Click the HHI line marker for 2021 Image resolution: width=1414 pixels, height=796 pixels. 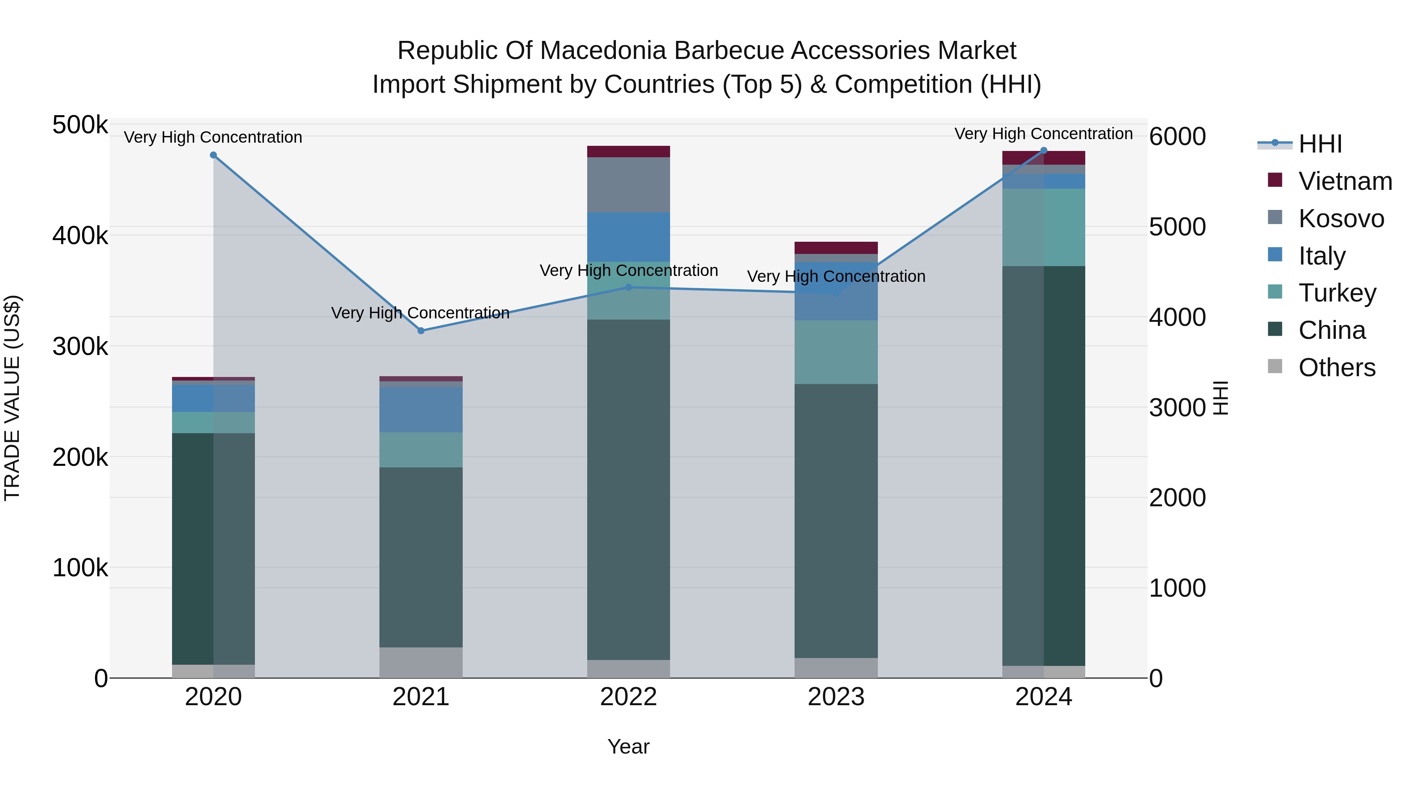click(x=421, y=331)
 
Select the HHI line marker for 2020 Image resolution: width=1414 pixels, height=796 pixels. click(x=214, y=155)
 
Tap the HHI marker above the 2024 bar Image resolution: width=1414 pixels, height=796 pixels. click(x=1044, y=151)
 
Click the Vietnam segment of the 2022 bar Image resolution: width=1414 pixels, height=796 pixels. click(x=628, y=152)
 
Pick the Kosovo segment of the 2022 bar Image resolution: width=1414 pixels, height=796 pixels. click(x=628, y=185)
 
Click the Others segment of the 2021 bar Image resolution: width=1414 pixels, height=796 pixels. click(x=421, y=662)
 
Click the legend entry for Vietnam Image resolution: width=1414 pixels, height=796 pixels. click(x=1345, y=181)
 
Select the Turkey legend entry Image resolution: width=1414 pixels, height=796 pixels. click(x=1337, y=293)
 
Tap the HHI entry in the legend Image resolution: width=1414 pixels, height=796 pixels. click(x=1320, y=144)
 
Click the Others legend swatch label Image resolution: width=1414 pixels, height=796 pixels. click(x=1337, y=368)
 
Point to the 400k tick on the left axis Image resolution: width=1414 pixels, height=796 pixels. click(x=80, y=236)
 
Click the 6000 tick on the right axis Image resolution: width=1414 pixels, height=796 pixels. click(x=1178, y=136)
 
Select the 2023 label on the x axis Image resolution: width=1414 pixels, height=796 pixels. click(x=836, y=697)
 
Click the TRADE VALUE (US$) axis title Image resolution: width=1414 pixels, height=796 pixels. click(x=12, y=398)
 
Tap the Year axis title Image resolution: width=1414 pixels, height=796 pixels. click(x=628, y=746)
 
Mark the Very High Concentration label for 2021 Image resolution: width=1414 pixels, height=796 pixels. click(x=420, y=313)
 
